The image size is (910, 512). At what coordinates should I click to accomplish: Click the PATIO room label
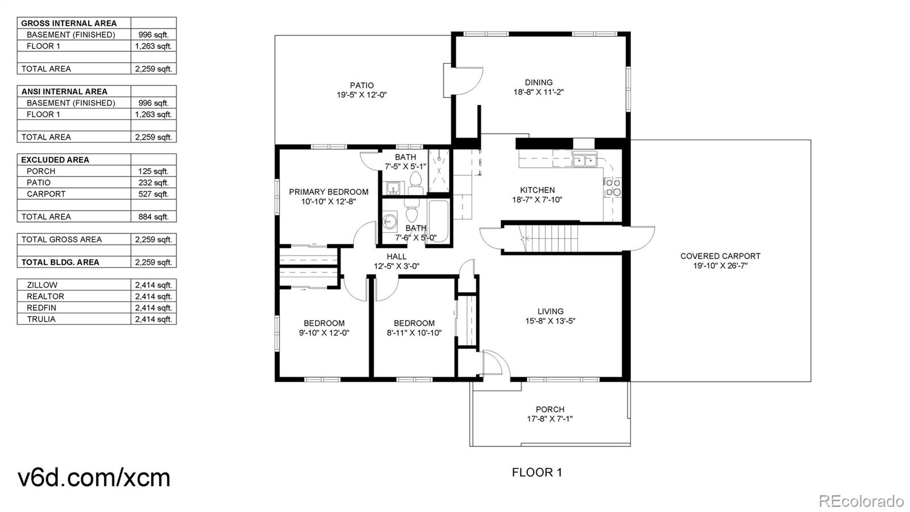click(362, 85)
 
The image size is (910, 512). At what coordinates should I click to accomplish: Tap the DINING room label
click(539, 83)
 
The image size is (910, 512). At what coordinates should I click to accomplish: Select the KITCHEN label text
click(537, 190)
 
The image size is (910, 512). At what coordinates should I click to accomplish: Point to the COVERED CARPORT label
click(720, 256)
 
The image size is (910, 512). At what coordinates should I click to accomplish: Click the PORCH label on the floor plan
click(550, 409)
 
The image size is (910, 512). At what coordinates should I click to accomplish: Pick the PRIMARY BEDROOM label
click(329, 192)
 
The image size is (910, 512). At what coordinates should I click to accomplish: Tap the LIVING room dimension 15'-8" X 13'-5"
click(550, 321)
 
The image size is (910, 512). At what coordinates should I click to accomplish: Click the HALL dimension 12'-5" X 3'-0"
click(396, 267)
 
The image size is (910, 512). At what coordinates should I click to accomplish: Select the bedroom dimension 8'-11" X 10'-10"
click(414, 333)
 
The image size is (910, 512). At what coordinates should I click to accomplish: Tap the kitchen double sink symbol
click(584, 161)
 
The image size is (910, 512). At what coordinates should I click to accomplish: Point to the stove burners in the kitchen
click(613, 187)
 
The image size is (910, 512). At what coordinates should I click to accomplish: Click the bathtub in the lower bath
click(439, 221)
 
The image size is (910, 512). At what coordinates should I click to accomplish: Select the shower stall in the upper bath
click(439, 170)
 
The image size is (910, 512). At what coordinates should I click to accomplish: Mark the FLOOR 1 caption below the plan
click(537, 472)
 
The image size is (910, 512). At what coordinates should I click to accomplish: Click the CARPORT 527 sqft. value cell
click(154, 194)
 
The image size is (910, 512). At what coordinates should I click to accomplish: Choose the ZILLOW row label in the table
click(42, 285)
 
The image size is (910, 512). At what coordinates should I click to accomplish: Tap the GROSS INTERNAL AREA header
click(69, 23)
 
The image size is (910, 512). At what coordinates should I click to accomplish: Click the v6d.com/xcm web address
click(94, 477)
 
